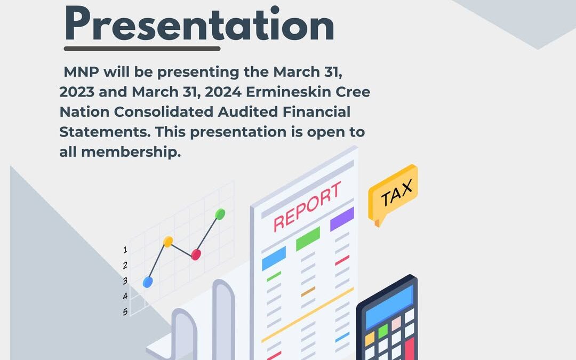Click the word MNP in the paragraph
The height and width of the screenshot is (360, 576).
click(x=81, y=71)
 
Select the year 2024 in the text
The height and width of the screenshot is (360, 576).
click(x=223, y=92)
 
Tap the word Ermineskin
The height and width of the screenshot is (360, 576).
click(x=289, y=92)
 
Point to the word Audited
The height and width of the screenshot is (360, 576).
click(x=247, y=111)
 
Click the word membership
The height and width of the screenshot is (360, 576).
click(x=131, y=151)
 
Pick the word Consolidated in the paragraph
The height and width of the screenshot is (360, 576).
click(x=164, y=111)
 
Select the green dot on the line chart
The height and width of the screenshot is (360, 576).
click(x=220, y=214)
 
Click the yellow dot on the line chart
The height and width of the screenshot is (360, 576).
click(x=168, y=242)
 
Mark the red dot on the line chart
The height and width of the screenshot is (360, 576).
click(x=196, y=254)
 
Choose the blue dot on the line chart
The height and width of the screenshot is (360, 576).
click(x=148, y=282)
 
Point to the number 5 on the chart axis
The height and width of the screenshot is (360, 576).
click(x=125, y=312)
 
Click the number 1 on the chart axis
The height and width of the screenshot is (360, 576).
click(x=125, y=250)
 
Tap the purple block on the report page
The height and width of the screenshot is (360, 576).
click(x=342, y=219)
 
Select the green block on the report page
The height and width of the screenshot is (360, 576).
click(x=308, y=239)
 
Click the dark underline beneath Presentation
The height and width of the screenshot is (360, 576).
click(x=142, y=49)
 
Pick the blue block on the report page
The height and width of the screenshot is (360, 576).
click(x=274, y=259)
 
